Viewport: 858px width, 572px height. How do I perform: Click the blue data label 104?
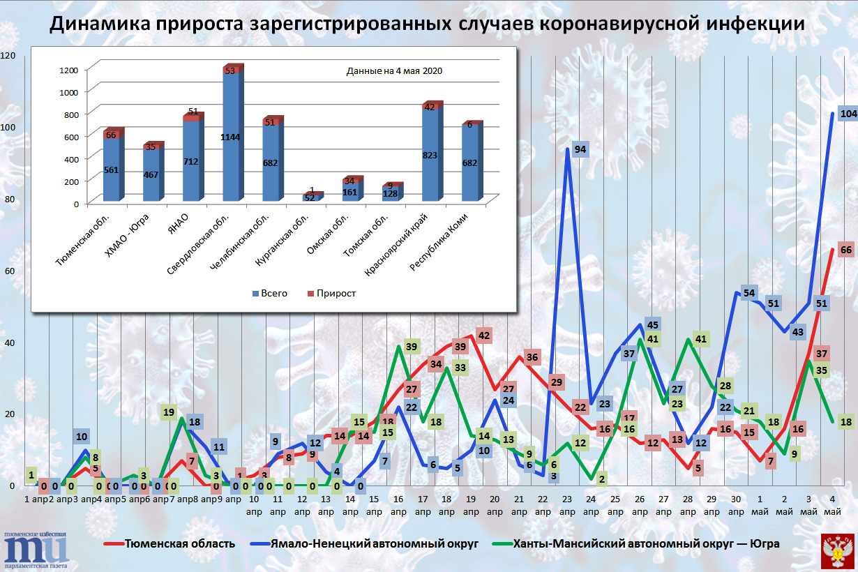(x=848, y=114)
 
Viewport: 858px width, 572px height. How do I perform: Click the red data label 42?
(x=484, y=336)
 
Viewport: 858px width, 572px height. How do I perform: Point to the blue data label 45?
(x=653, y=324)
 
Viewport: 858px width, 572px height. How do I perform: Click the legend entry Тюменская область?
(x=175, y=543)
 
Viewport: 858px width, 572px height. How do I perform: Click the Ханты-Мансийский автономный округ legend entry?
(x=645, y=543)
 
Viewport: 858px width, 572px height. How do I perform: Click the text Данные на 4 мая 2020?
(x=395, y=71)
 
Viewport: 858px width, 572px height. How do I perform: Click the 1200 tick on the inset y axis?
(x=68, y=69)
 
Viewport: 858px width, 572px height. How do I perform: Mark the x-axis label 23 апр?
(x=567, y=505)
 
